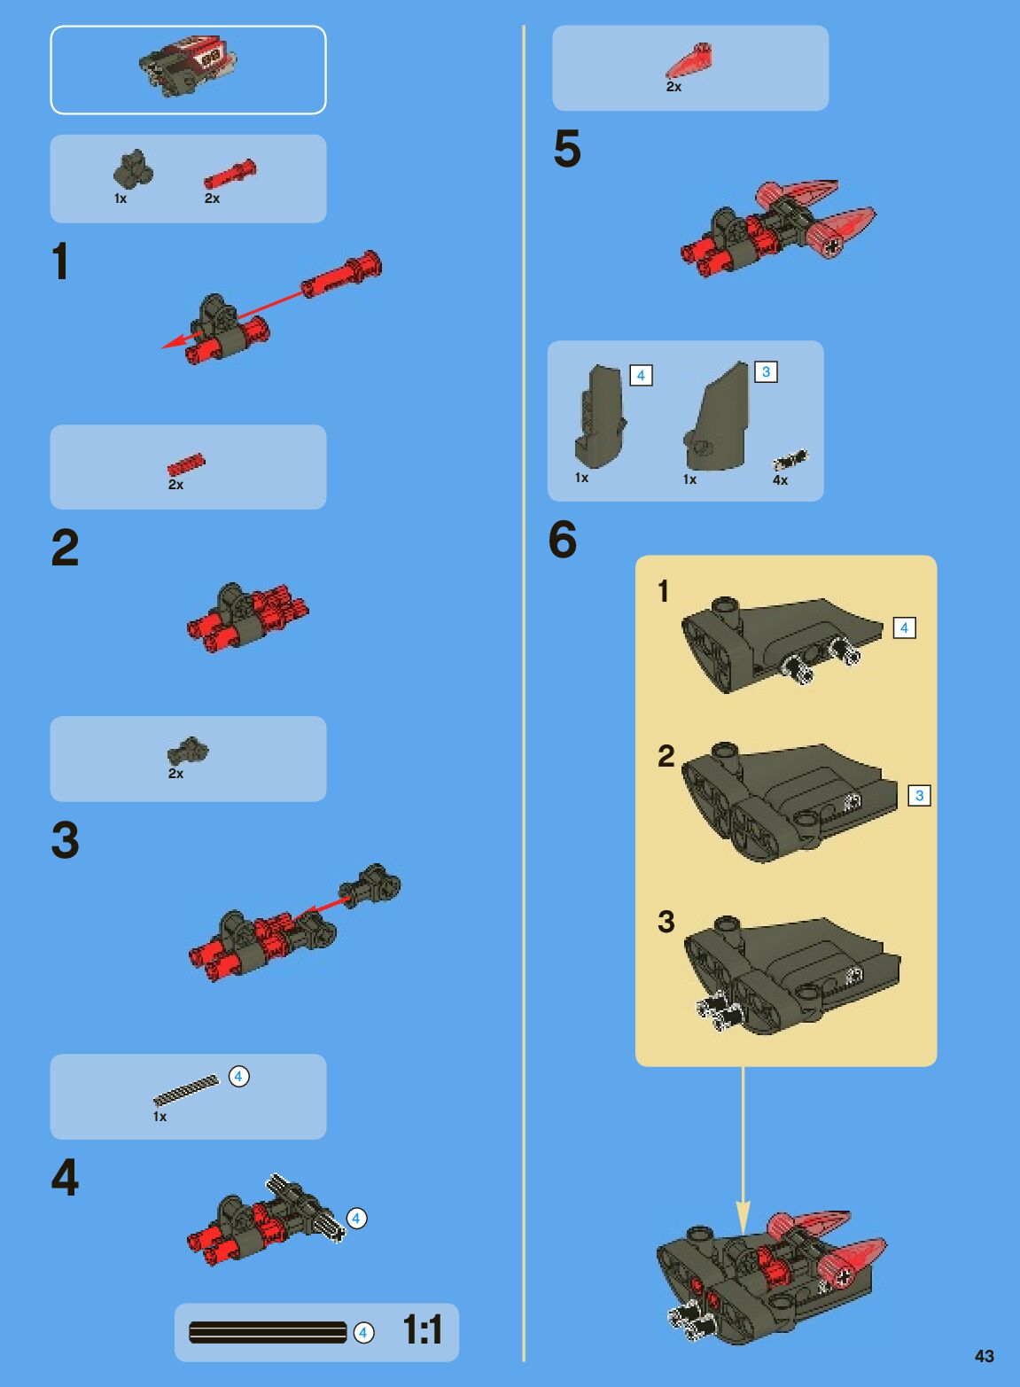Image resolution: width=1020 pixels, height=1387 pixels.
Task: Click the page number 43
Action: (x=984, y=1356)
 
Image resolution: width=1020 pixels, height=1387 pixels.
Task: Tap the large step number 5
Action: (x=566, y=149)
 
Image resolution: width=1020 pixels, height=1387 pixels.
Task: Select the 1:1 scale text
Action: (x=423, y=1329)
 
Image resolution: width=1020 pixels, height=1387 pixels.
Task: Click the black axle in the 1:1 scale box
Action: (x=268, y=1333)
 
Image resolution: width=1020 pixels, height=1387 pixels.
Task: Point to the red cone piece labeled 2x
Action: (x=689, y=60)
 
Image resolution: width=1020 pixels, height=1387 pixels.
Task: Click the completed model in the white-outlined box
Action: (x=188, y=66)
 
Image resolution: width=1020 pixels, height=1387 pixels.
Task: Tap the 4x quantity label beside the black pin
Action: (x=780, y=479)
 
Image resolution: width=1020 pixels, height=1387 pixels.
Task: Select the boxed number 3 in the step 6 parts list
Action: (x=766, y=371)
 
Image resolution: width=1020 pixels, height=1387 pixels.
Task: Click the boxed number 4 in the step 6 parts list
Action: (x=641, y=375)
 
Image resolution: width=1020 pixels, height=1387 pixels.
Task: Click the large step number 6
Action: (x=563, y=540)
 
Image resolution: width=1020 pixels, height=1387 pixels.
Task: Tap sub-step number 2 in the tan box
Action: (x=666, y=756)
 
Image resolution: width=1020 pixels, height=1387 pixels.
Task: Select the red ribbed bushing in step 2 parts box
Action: (x=186, y=464)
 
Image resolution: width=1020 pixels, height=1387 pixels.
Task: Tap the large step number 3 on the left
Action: (x=65, y=839)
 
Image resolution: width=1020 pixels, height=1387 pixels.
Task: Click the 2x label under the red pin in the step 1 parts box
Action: (x=212, y=199)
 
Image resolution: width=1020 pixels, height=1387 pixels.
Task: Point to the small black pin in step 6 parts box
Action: (x=790, y=459)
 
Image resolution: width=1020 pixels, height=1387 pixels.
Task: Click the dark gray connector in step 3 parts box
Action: (x=188, y=751)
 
